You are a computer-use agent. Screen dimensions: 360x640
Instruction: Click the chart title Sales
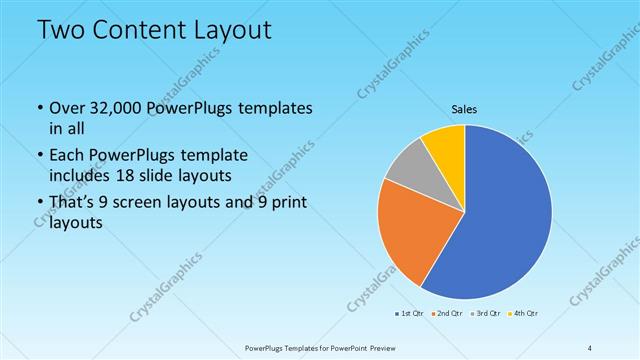pos(465,107)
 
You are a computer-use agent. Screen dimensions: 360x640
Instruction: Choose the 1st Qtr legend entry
pos(409,314)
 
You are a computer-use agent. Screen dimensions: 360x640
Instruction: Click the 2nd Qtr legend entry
pos(445,314)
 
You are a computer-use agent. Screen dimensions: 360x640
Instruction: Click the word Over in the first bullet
pos(68,108)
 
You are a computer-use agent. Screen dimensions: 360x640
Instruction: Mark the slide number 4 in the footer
pos(590,348)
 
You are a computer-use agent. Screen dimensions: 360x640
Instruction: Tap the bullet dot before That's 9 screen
pos(39,204)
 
